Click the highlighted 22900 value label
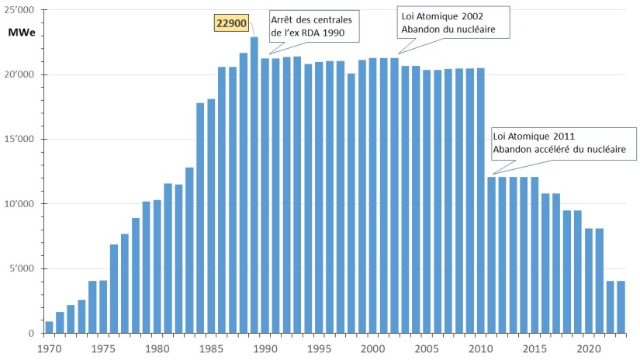(232, 25)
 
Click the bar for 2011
(492, 255)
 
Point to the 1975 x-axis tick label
(104, 348)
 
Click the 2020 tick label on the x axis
(589, 348)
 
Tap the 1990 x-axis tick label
(265, 348)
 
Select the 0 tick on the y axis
(33, 334)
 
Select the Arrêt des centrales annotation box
(314, 26)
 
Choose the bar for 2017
(556, 263)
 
